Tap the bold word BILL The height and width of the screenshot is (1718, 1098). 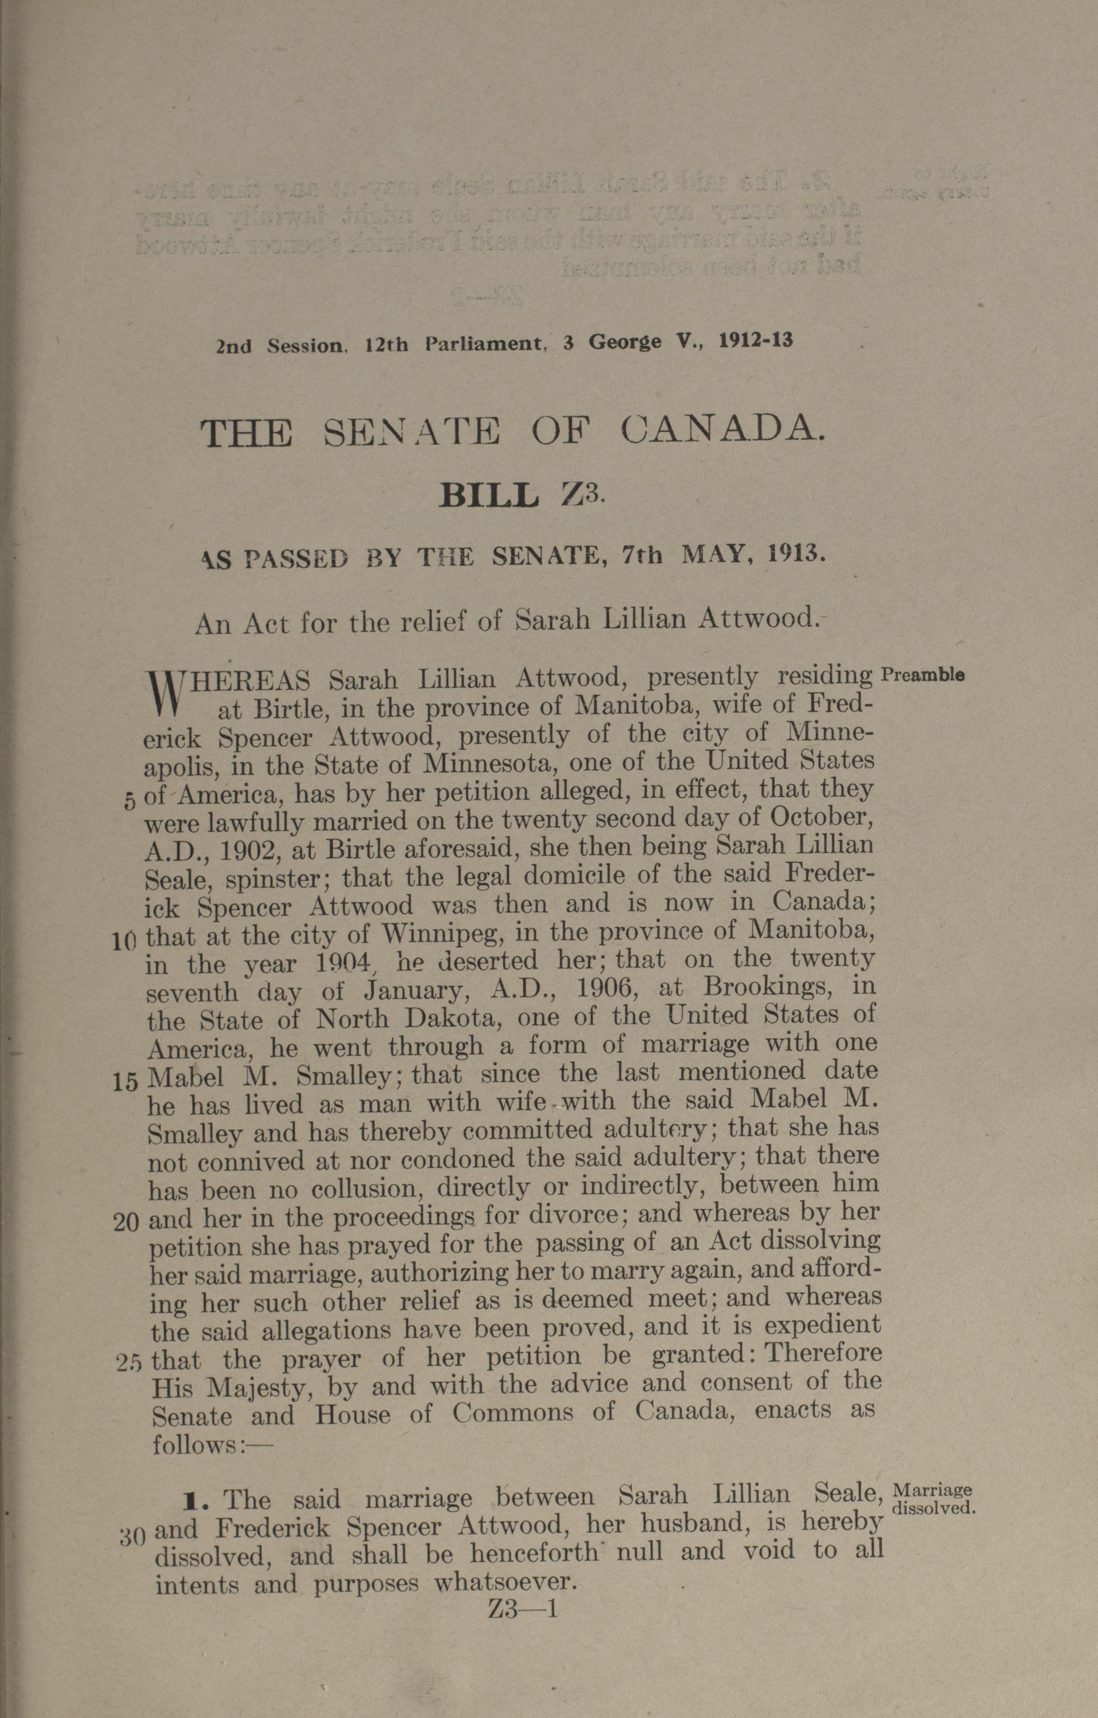[x=489, y=495]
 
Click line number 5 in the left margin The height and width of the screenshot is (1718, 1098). [x=129, y=800]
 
